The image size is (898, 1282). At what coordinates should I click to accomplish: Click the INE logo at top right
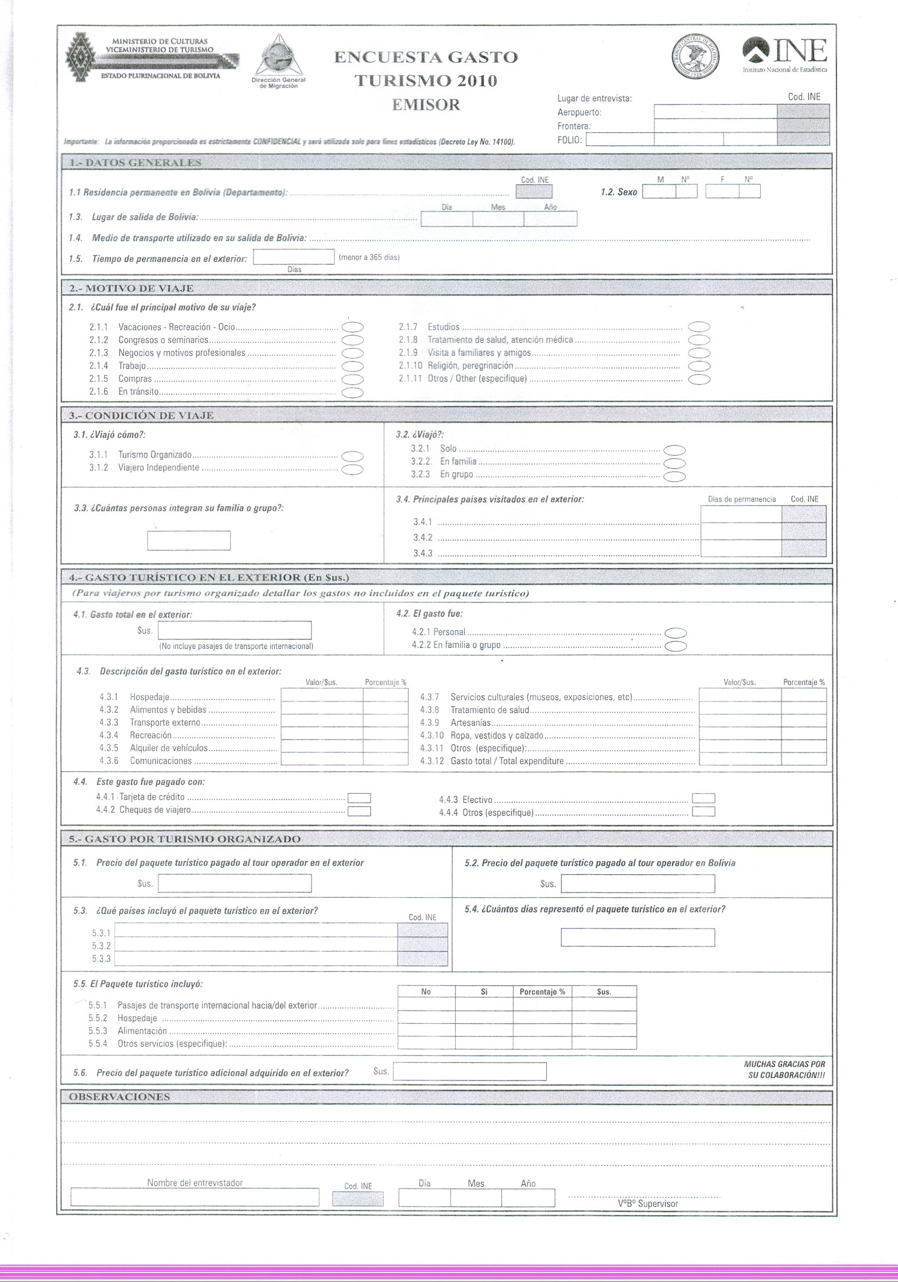tap(784, 54)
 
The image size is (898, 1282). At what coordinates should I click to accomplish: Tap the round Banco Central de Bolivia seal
tap(697, 58)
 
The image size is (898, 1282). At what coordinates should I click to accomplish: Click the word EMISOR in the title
tap(426, 105)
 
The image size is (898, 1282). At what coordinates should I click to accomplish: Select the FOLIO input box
tap(620, 139)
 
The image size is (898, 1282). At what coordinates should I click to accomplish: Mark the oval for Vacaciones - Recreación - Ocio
tap(352, 327)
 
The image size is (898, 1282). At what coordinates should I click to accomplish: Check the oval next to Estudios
tap(699, 327)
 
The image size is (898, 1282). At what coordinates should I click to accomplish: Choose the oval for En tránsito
tap(352, 392)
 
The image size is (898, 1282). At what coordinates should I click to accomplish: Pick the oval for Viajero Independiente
tap(352, 469)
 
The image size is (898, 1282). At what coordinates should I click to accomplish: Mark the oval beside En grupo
tap(675, 476)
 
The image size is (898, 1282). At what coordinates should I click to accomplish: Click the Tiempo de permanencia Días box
tap(293, 257)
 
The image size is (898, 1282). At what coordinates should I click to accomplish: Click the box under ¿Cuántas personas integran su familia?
tap(189, 541)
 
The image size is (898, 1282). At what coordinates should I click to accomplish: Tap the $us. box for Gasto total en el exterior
tap(234, 631)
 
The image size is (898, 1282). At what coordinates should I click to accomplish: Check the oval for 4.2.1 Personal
tap(676, 633)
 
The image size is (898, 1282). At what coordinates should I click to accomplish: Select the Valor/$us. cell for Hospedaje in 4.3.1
tap(322, 696)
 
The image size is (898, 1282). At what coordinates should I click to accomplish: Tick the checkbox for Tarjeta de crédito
tap(359, 798)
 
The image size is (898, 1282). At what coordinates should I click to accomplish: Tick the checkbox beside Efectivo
tap(703, 799)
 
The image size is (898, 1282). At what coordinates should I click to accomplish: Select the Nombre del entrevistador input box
tap(194, 1197)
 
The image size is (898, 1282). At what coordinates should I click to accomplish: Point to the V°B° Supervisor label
tap(648, 1204)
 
